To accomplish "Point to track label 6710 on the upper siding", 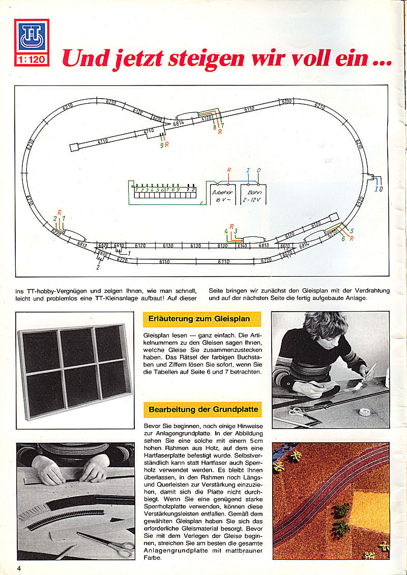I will tap(149, 131).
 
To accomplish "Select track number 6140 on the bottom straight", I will tap(243, 246).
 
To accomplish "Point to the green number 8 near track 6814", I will tap(214, 127).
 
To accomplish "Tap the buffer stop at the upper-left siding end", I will tap(74, 147).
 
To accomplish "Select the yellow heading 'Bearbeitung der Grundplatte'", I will tap(203, 409).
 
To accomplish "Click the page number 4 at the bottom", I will tap(18, 567).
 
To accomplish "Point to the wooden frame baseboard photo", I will tap(74, 370).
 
